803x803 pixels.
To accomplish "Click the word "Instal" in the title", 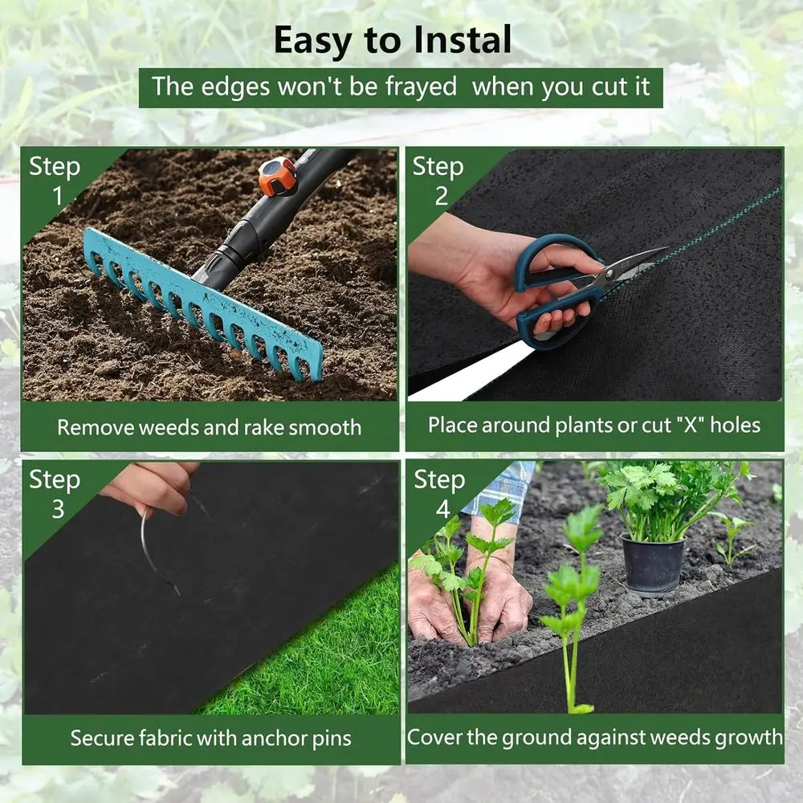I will point(462,40).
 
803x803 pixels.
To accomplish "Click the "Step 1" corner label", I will point(55,181).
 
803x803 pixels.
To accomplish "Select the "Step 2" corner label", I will point(438,181).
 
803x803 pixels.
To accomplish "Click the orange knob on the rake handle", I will point(278,175).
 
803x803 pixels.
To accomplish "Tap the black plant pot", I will point(652,565).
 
